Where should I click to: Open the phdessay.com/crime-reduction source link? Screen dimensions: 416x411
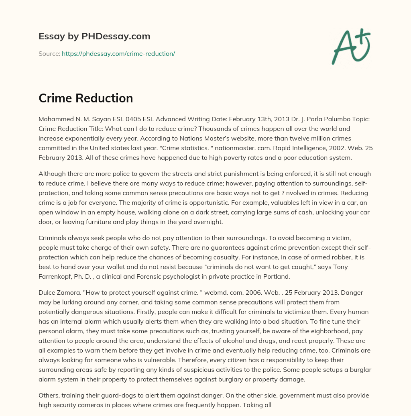(118, 53)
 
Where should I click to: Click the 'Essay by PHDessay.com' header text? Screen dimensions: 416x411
(94, 36)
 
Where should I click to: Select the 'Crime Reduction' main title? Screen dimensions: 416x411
(85, 98)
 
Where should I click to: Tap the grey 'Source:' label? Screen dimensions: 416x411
(49, 53)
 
